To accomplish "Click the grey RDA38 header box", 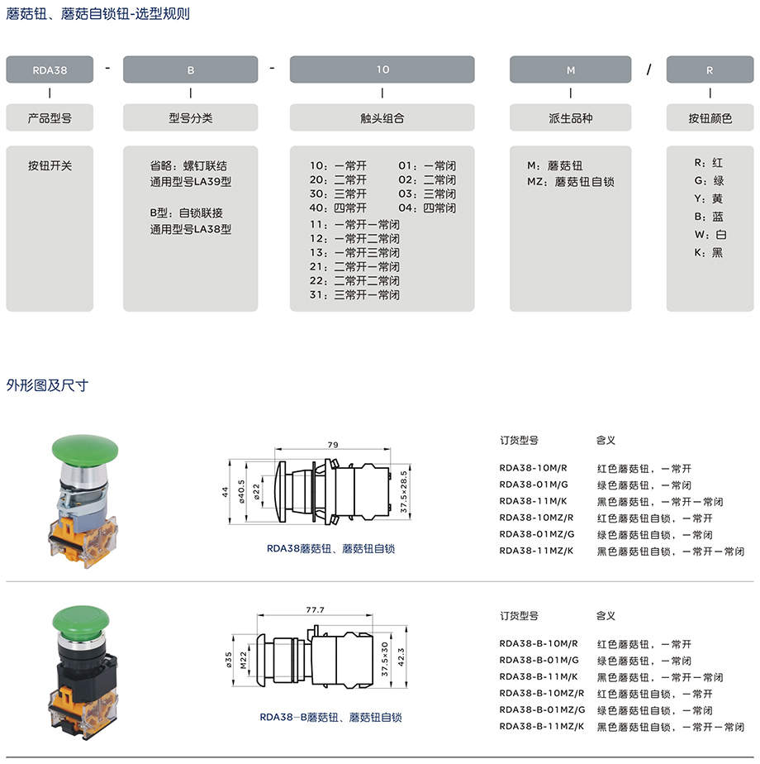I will [x=50, y=70].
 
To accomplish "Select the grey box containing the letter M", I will [x=570, y=70].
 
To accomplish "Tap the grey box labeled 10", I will [x=382, y=70].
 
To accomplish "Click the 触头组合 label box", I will [x=382, y=118].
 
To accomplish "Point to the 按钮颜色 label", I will [x=710, y=118].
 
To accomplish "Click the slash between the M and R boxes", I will [x=649, y=70].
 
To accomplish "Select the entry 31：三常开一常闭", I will [x=354, y=295].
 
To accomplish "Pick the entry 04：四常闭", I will [x=427, y=208].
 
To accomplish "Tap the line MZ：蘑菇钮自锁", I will [x=571, y=182].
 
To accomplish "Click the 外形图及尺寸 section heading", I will [x=47, y=385].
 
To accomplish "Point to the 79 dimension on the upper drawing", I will [x=333, y=445].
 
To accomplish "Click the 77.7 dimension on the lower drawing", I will [x=315, y=609].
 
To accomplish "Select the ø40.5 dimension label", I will [x=241, y=492].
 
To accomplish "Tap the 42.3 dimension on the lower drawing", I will [x=401, y=653].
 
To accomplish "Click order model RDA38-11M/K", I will [x=534, y=501].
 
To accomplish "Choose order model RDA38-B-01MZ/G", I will [x=542, y=710].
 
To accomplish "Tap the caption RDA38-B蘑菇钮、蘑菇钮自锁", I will [x=330, y=718].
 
